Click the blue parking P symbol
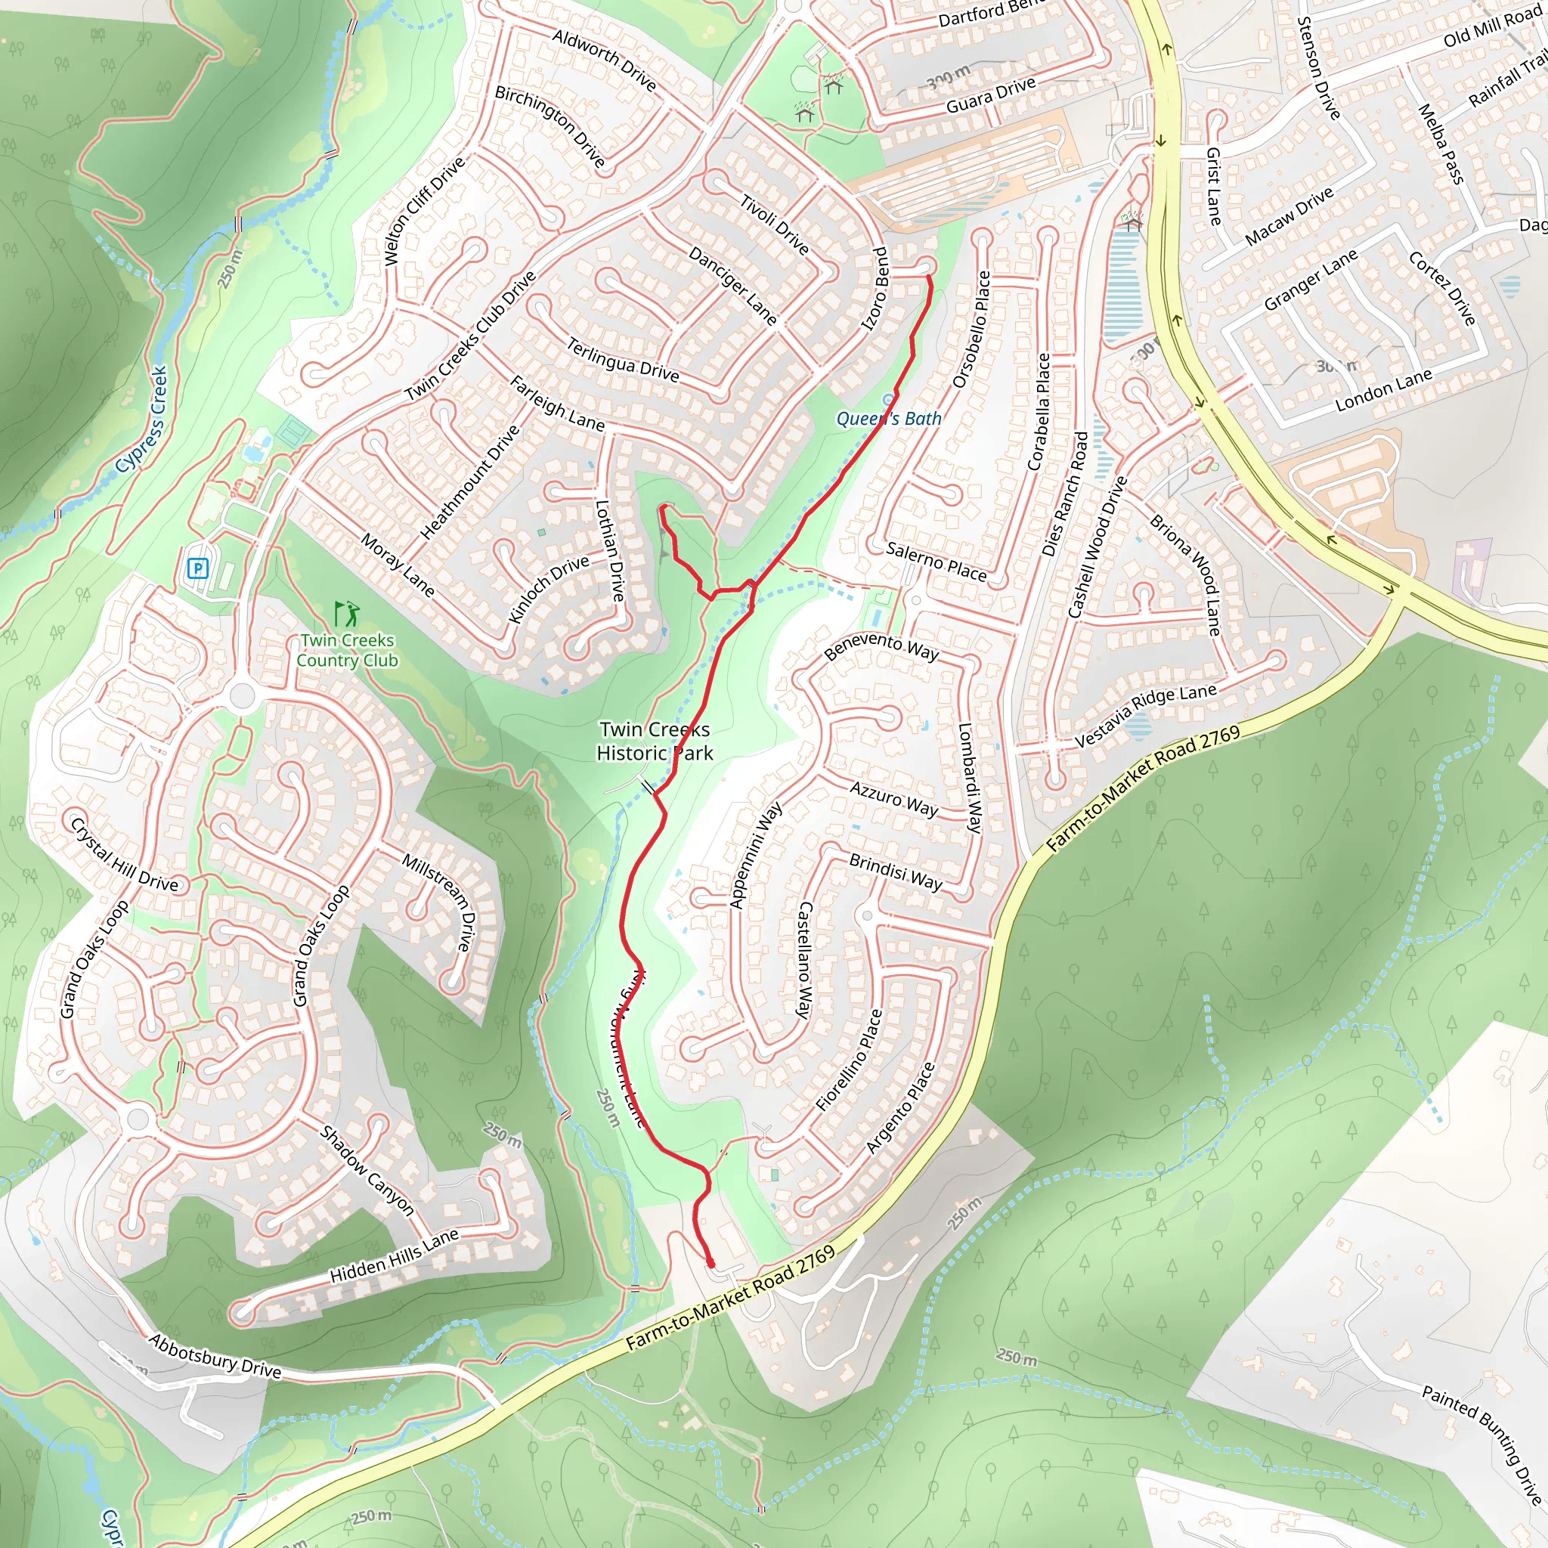(197, 569)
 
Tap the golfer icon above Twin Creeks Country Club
(347, 615)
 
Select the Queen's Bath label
(889, 418)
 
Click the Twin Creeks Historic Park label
(655, 741)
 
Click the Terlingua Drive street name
(623, 360)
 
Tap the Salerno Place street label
(936, 561)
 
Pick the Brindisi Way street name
(895, 872)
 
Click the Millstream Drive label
(439, 902)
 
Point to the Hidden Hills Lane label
(395, 1256)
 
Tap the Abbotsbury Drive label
(215, 1356)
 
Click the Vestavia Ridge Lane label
(1145, 716)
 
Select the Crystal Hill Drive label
(124, 855)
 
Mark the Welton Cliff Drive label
(424, 211)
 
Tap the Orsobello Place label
(971, 330)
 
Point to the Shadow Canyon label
(367, 1170)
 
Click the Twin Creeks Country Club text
(347, 651)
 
